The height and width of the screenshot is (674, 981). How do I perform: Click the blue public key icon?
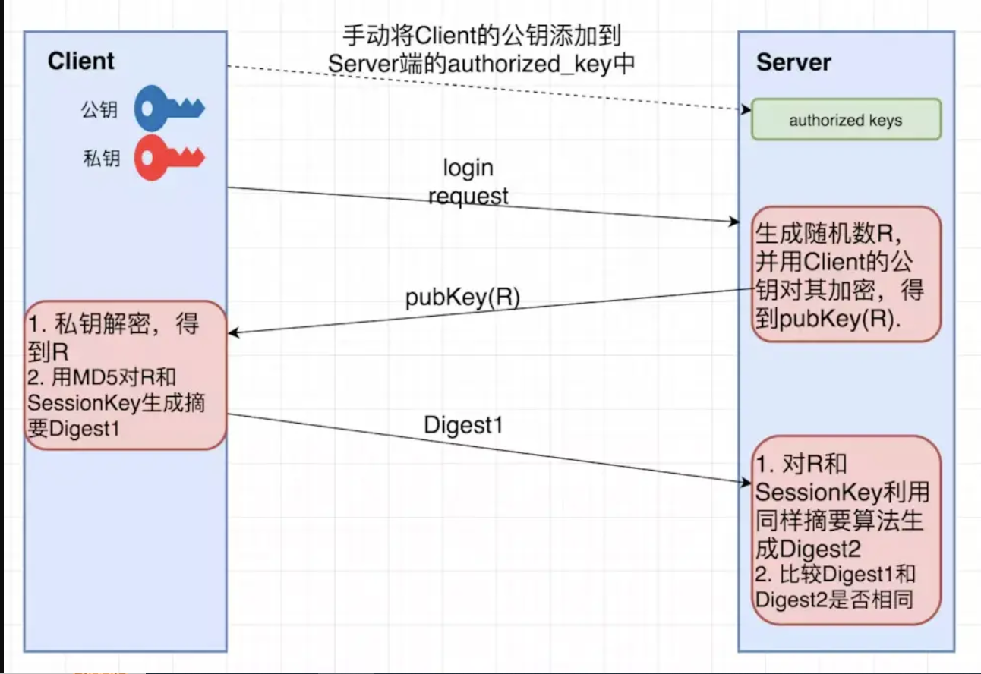tap(169, 110)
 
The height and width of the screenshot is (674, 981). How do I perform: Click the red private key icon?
tap(169, 158)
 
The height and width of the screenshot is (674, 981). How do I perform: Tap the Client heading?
tap(80, 61)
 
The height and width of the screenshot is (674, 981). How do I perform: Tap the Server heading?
tap(793, 62)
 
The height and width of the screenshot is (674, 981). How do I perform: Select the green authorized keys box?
tap(846, 120)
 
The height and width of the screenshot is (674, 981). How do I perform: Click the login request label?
tap(468, 182)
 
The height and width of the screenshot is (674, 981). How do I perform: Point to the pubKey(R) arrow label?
tap(462, 298)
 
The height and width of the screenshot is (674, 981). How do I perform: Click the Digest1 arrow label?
tap(463, 425)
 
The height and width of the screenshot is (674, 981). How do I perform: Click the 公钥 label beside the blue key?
tap(99, 110)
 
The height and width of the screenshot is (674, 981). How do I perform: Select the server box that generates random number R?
tap(846, 274)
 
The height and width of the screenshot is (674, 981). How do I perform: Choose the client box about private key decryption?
tap(125, 375)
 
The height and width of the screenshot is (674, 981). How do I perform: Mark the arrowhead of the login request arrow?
tap(734, 222)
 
